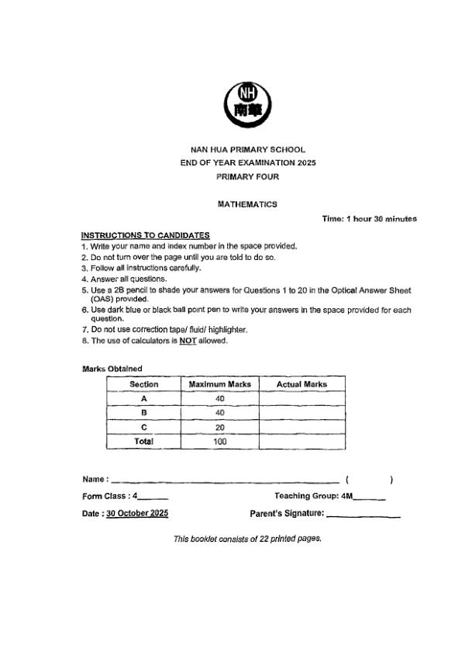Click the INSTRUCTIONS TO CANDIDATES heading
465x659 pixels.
point(145,235)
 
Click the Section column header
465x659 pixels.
point(143,384)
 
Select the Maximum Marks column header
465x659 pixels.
point(220,384)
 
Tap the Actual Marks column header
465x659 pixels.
point(301,384)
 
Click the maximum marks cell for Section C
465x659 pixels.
point(220,427)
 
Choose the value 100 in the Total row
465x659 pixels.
point(220,441)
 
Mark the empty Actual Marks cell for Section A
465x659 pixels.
point(301,398)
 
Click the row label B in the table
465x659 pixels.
point(143,413)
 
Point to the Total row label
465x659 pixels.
point(143,441)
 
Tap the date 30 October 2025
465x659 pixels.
point(136,513)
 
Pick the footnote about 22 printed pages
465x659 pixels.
point(247,538)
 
